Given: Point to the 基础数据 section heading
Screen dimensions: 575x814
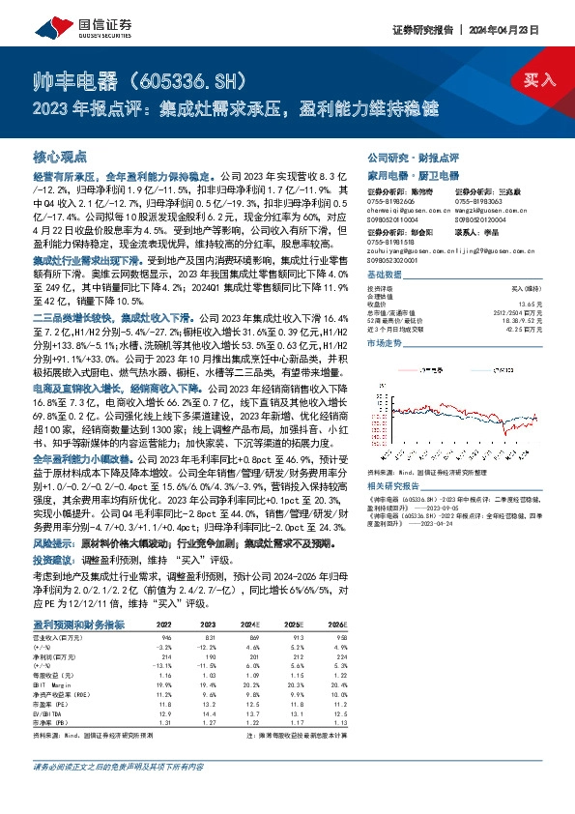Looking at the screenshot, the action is pos(386,248).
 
